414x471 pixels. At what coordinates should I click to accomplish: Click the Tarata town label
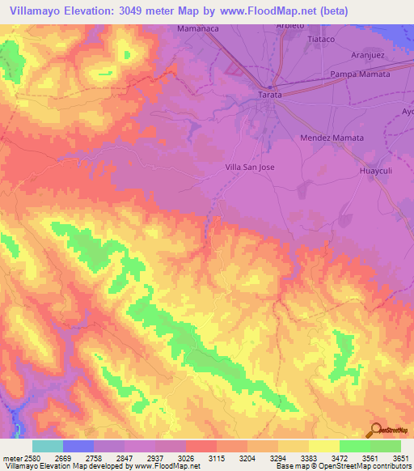coord(270,95)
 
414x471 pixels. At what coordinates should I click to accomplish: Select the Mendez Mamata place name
coord(332,138)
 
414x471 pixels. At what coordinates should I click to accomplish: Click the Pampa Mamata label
coord(360,74)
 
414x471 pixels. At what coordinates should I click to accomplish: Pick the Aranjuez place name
coord(371,56)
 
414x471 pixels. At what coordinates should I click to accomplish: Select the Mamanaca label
coord(199,28)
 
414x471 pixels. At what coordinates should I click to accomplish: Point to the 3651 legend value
coord(400,458)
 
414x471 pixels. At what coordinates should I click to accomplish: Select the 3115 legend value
coord(216,458)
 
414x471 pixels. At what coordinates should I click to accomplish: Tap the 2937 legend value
coord(154,458)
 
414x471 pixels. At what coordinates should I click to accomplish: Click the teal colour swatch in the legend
coord(48,446)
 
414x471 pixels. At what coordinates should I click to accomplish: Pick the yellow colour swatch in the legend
coord(323,446)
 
